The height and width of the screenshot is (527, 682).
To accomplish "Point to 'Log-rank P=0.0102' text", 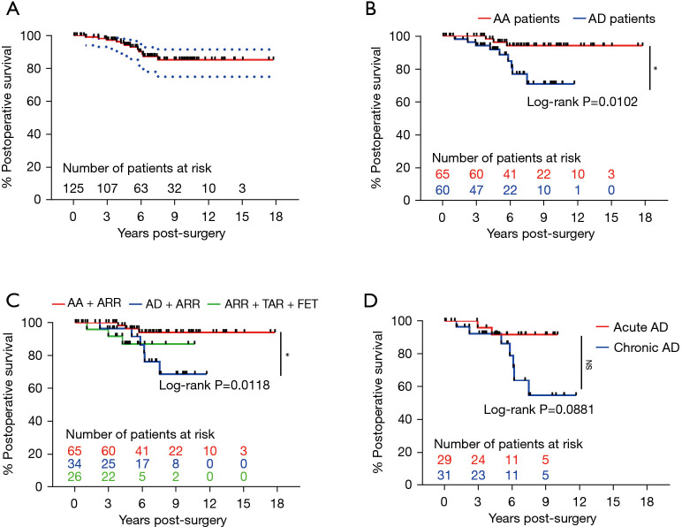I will tap(582, 102).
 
